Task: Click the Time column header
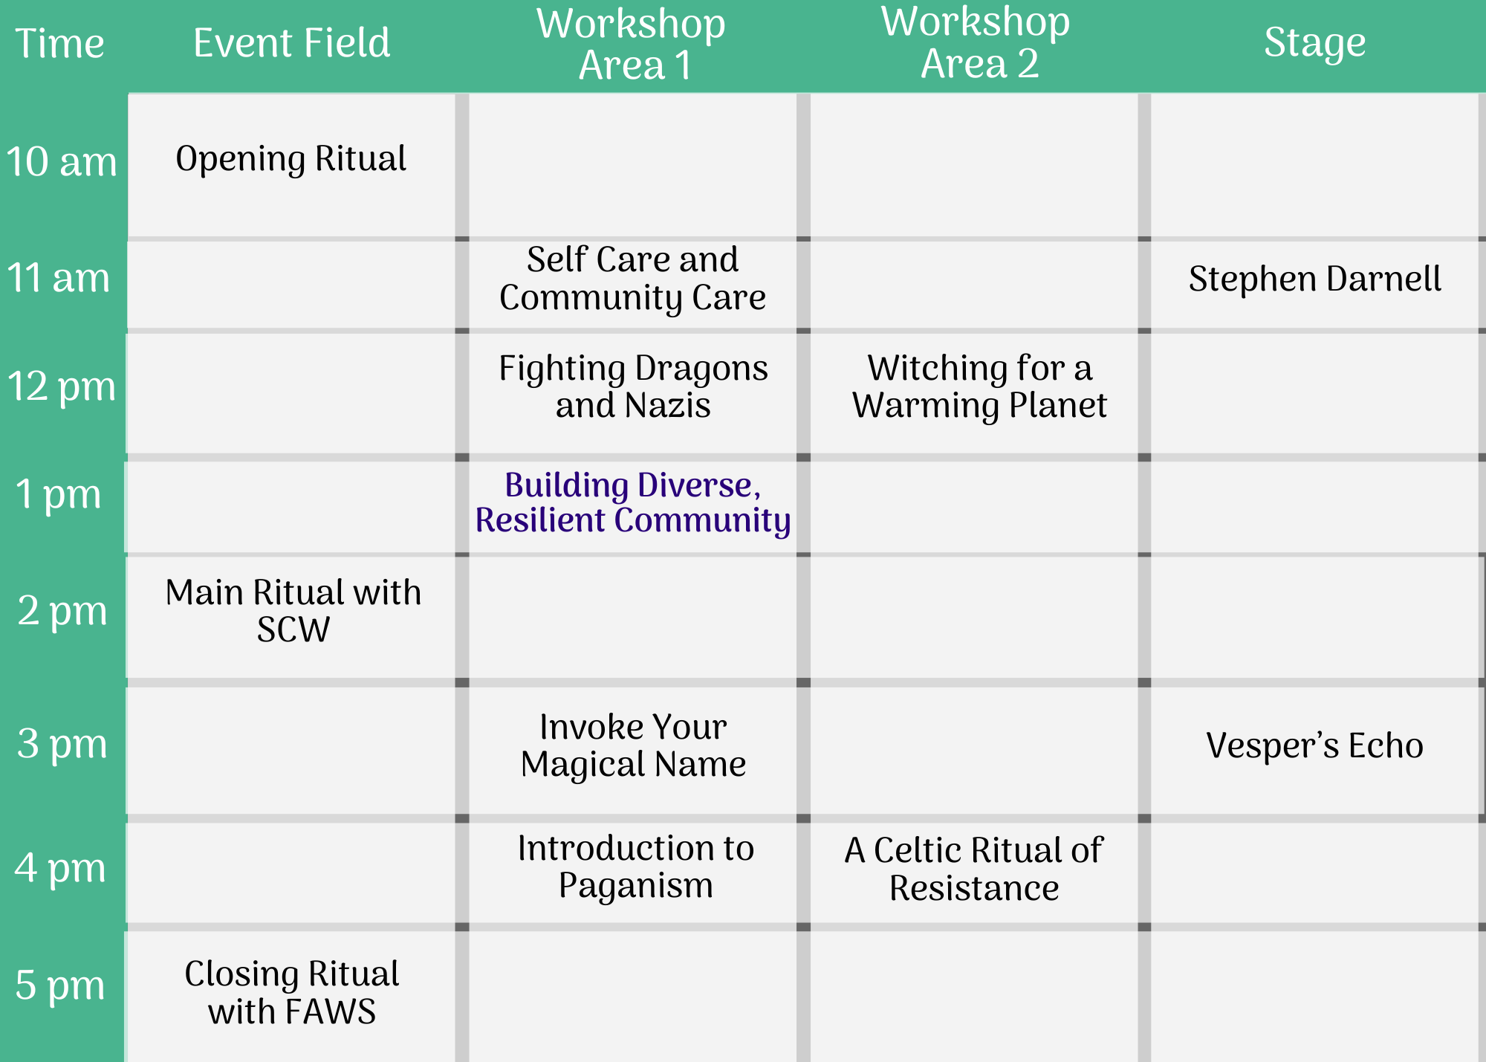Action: (x=59, y=43)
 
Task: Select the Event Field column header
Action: (x=291, y=42)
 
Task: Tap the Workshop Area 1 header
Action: (x=632, y=44)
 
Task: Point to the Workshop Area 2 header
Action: (x=976, y=42)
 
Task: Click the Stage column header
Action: (x=1315, y=43)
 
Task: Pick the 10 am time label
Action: (x=62, y=161)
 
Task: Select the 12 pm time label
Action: (x=62, y=387)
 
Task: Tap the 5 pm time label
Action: (x=60, y=986)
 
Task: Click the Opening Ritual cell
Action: (x=291, y=159)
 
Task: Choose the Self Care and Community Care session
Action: (x=633, y=279)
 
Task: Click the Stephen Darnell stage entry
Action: (x=1315, y=279)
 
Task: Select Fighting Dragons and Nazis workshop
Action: (x=633, y=387)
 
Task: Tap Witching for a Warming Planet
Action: (x=980, y=387)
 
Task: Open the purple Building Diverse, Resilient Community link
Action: (x=633, y=503)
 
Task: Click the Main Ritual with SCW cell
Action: (x=293, y=611)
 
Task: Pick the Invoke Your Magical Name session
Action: (x=634, y=745)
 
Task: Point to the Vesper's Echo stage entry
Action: (x=1315, y=745)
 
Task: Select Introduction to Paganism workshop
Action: (x=636, y=867)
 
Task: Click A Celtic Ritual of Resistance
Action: (x=974, y=869)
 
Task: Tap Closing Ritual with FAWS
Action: (x=292, y=993)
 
